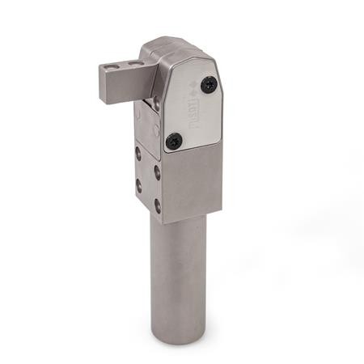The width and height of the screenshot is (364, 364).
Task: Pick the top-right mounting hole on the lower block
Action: click(x=157, y=171)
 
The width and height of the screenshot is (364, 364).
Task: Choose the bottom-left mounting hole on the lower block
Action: click(x=138, y=185)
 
